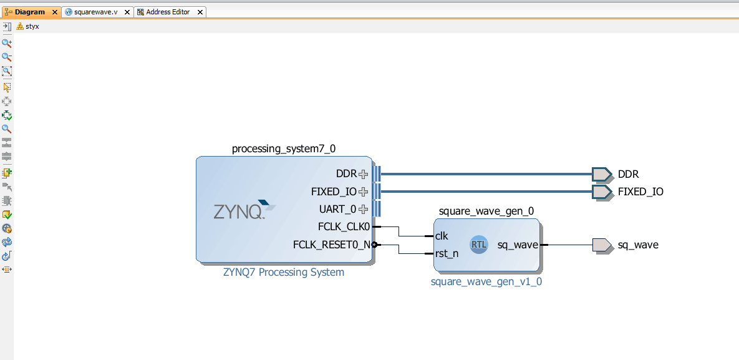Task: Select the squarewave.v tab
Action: click(x=95, y=12)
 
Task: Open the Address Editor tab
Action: click(x=168, y=12)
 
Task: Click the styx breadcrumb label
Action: click(x=32, y=26)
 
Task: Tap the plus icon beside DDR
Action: click(x=364, y=174)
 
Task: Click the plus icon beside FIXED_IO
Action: click(x=364, y=192)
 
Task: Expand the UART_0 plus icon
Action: click(x=364, y=209)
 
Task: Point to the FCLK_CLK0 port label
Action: click(x=344, y=226)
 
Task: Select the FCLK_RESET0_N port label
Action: click(x=331, y=245)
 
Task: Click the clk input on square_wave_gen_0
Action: click(x=442, y=236)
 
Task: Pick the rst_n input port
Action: click(x=447, y=253)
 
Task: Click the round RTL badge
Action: click(x=479, y=245)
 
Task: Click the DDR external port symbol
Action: click(x=602, y=174)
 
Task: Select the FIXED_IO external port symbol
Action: click(x=602, y=192)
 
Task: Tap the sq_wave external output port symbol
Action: click(x=602, y=245)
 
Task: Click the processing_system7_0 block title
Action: click(x=284, y=148)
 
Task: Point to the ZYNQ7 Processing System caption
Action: click(x=284, y=272)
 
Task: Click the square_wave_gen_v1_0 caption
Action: click(x=486, y=281)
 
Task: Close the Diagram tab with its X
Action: click(x=54, y=12)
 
